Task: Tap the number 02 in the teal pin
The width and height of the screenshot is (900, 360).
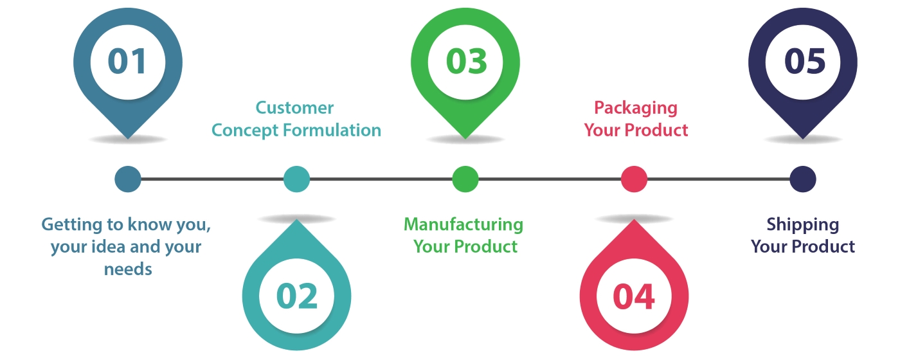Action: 297,296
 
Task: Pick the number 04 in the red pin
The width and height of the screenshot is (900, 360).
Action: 634,296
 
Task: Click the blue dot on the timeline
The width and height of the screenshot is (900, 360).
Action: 127,179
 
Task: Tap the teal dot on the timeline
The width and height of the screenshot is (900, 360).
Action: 296,179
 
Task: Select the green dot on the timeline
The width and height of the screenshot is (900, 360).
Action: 465,179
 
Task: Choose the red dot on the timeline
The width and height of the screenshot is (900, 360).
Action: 634,179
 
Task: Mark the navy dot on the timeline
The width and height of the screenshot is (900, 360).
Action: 803,179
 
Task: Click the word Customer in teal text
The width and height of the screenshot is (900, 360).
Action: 295,107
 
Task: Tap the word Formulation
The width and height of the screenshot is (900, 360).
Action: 334,130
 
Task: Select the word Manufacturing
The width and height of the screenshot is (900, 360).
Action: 464,224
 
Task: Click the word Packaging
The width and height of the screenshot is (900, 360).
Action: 636,107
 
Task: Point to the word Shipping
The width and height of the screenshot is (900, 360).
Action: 803,224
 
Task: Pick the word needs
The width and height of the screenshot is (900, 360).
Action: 128,269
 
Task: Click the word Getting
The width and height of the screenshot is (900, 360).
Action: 70,226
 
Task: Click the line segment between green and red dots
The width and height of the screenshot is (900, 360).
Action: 550,179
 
